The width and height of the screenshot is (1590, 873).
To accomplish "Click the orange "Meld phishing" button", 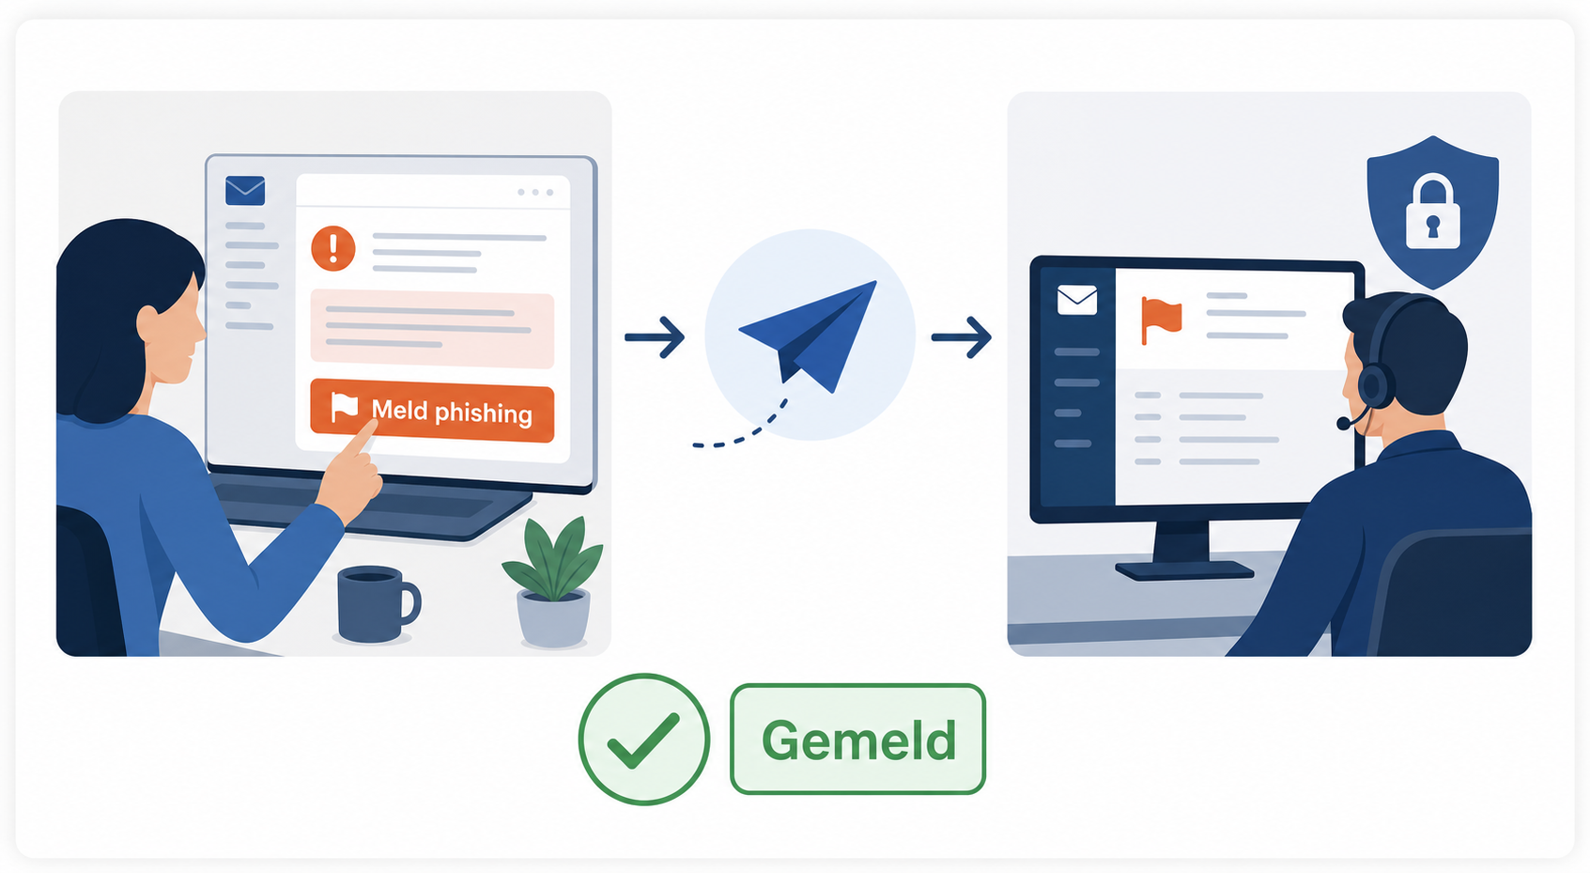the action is [x=432, y=411].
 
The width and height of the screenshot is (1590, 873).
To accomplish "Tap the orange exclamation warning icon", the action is [x=332, y=249].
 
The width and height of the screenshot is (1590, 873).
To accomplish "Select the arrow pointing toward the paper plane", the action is [x=655, y=337].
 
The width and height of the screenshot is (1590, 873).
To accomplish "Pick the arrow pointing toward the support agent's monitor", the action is [x=961, y=337].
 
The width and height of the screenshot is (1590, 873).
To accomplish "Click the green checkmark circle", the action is [x=644, y=739].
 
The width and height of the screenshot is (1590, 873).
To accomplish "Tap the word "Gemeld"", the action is [x=859, y=740].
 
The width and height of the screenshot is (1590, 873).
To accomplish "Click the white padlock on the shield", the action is [x=1433, y=213].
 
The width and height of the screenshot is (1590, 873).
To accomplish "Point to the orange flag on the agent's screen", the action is [x=1161, y=320].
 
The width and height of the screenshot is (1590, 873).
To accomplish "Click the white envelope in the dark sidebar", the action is [x=1077, y=300].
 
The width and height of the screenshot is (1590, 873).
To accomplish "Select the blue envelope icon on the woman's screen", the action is [x=245, y=191].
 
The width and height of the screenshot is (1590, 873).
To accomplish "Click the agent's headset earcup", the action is [x=1376, y=385].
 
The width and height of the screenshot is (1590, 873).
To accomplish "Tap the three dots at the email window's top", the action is [x=535, y=193].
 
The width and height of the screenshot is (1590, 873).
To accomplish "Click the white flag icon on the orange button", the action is [x=345, y=408].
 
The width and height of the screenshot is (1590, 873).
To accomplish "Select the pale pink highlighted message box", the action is [x=432, y=329].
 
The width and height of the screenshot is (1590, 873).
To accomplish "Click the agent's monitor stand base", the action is [x=1184, y=569].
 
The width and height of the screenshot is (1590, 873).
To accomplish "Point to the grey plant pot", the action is [x=553, y=618].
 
